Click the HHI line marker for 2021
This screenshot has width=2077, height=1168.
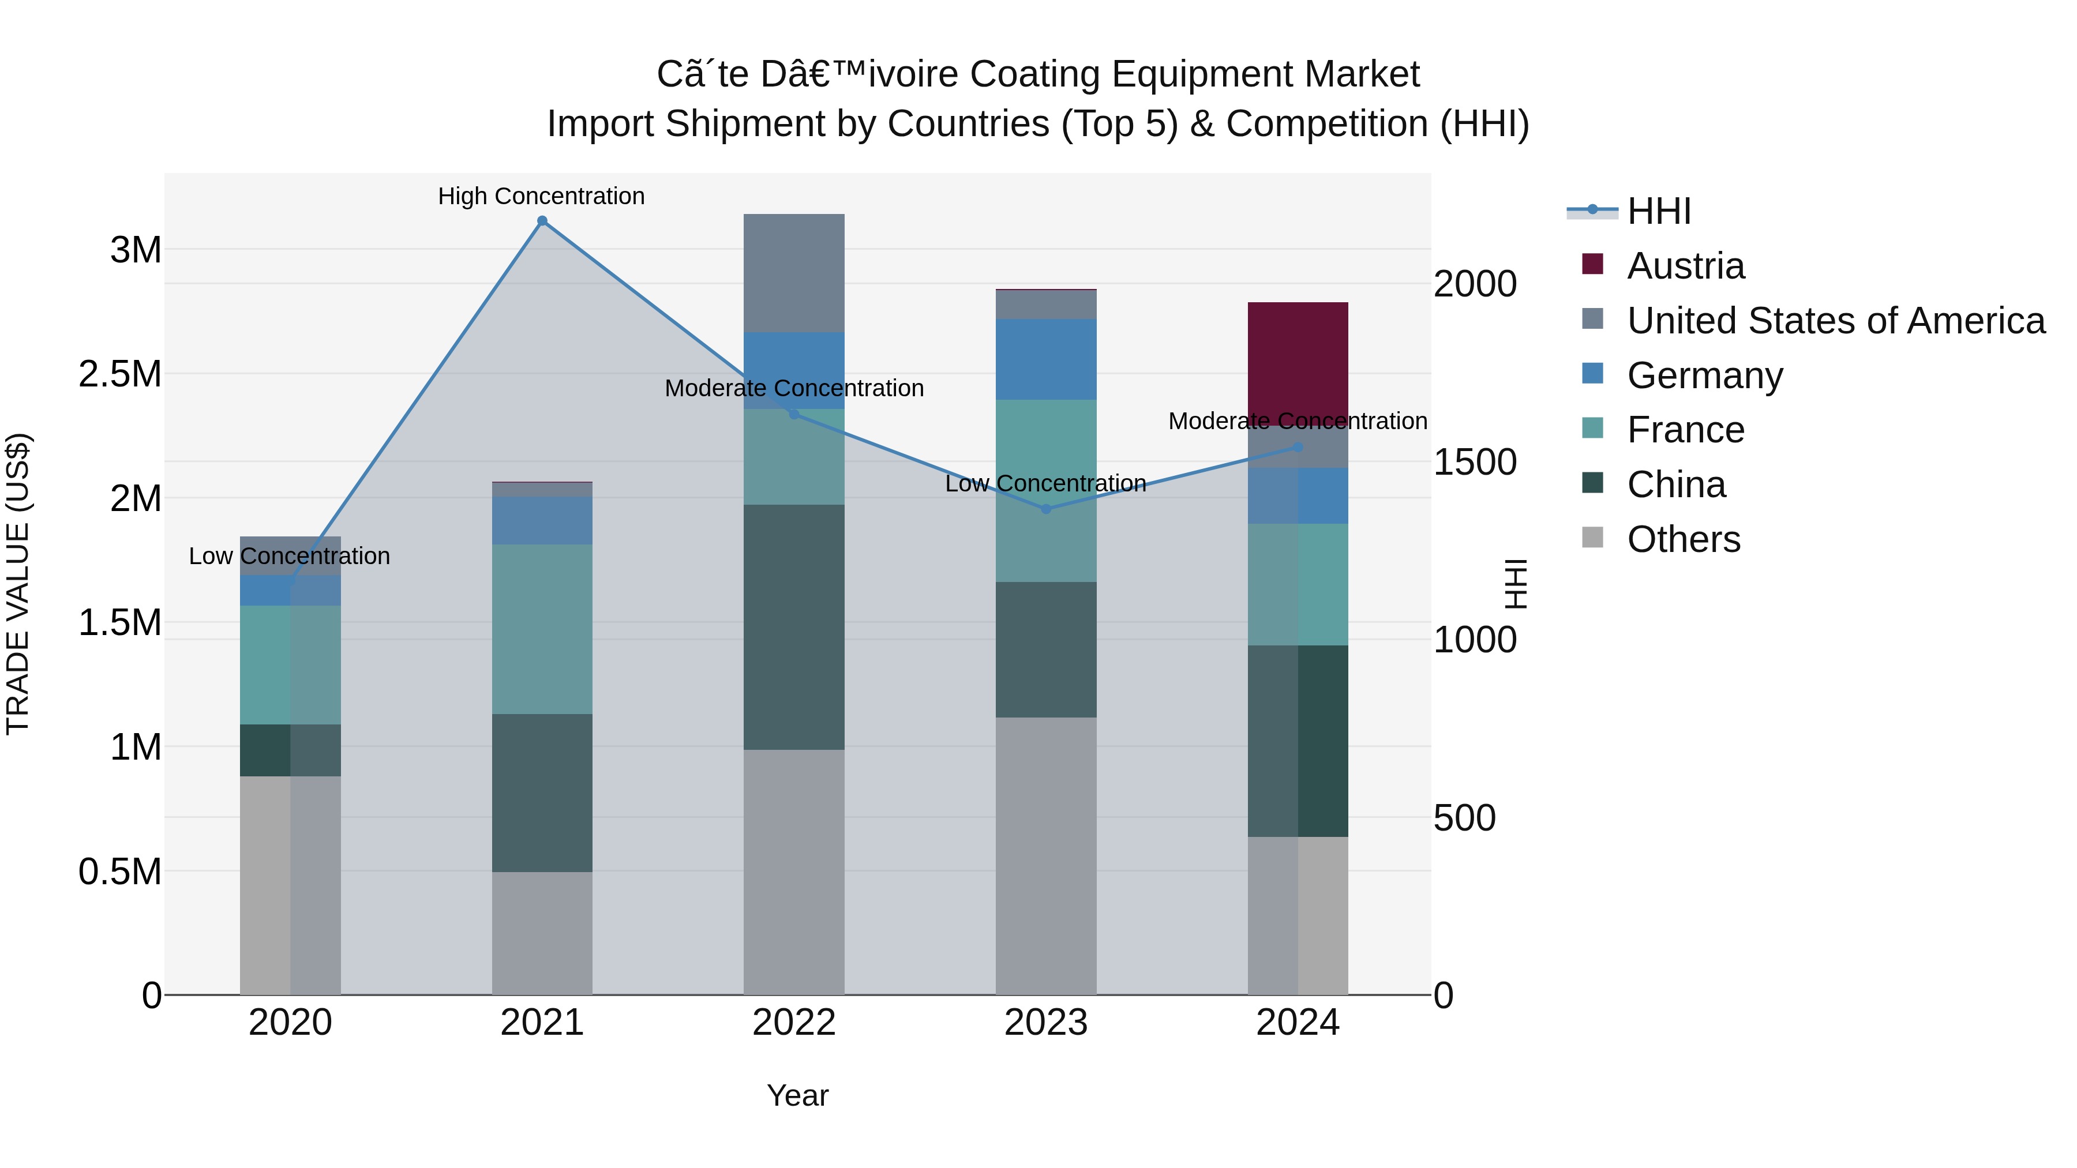(x=542, y=221)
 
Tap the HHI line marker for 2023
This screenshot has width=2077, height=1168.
(x=1046, y=509)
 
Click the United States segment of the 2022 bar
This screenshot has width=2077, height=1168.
(x=793, y=272)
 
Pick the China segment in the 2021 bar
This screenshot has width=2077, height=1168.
(x=542, y=793)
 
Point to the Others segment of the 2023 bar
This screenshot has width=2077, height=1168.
(x=1046, y=855)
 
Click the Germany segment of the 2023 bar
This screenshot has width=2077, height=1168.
(x=1046, y=359)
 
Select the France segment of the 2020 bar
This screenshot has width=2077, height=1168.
(x=290, y=664)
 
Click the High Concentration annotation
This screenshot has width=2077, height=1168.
(x=541, y=196)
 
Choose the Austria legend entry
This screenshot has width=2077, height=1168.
(x=1685, y=265)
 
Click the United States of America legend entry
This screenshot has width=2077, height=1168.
(x=1835, y=320)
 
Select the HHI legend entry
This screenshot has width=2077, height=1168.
(x=1659, y=211)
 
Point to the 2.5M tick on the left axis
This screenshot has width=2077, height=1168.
(x=119, y=374)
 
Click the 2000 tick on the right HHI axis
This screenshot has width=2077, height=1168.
(x=1475, y=284)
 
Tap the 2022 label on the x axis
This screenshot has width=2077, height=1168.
(x=793, y=1023)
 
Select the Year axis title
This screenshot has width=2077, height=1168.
(x=797, y=1095)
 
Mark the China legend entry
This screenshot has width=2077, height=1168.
(x=1675, y=485)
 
